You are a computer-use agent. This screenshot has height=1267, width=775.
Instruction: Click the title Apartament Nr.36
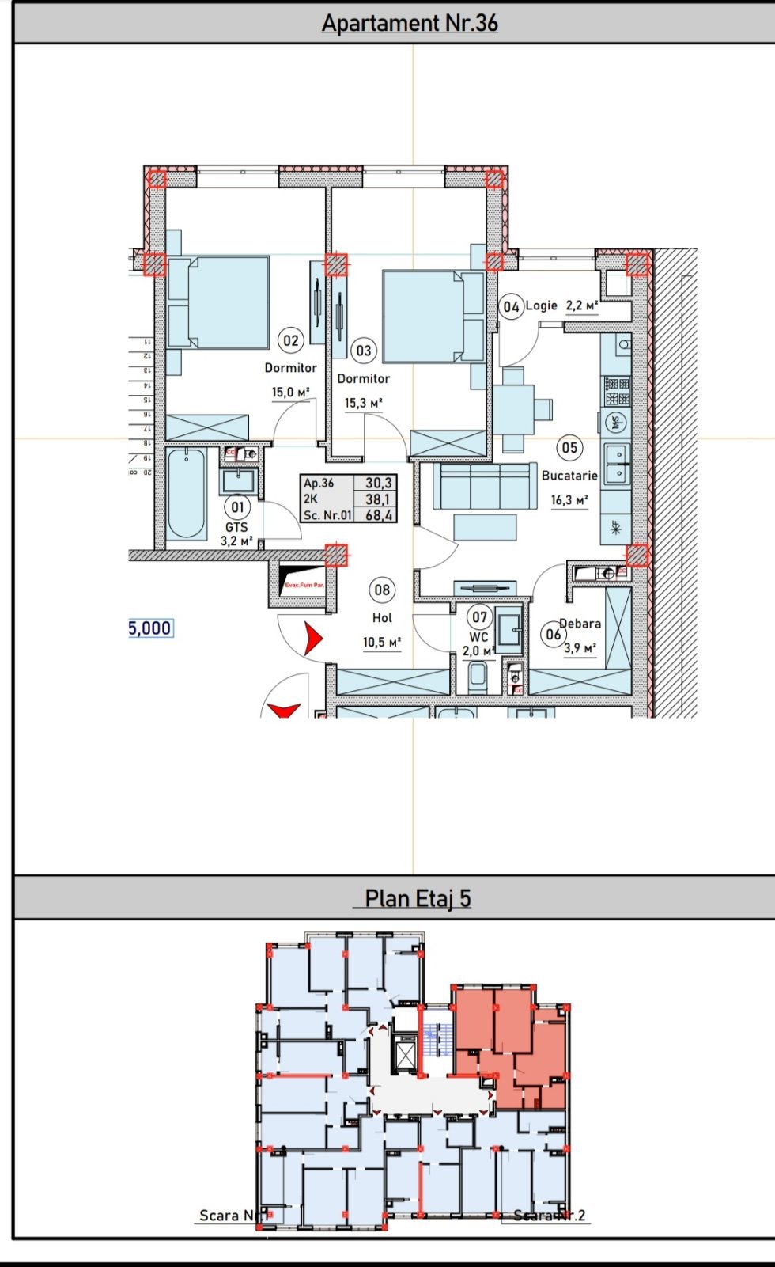410,23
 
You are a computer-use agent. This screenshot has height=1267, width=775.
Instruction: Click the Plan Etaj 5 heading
418,899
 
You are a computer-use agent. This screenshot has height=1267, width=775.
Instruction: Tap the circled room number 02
291,340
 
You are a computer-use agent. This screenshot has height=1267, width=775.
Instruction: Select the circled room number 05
569,448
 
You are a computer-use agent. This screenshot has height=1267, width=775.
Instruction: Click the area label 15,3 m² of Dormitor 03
363,404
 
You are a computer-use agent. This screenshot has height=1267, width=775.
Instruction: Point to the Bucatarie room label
569,476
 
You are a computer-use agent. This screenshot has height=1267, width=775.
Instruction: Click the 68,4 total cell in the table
379,515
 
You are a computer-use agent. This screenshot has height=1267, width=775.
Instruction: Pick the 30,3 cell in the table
379,483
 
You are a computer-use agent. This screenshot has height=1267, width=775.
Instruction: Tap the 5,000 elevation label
150,628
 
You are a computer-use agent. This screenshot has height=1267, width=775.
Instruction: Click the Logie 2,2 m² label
561,305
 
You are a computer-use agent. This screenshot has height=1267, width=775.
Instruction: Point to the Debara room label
581,624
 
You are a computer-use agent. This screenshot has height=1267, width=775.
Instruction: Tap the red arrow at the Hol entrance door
313,638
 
